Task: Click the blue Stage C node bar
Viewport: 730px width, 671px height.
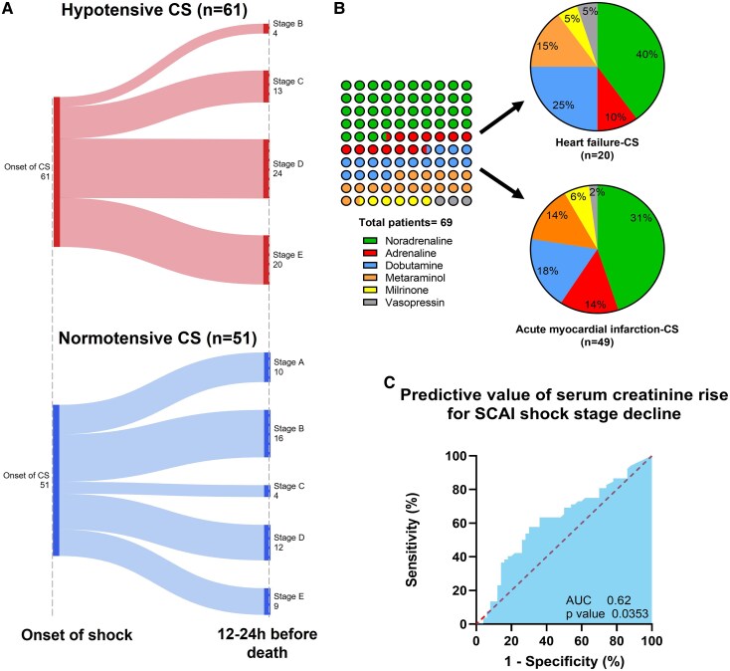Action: [x=267, y=490]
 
